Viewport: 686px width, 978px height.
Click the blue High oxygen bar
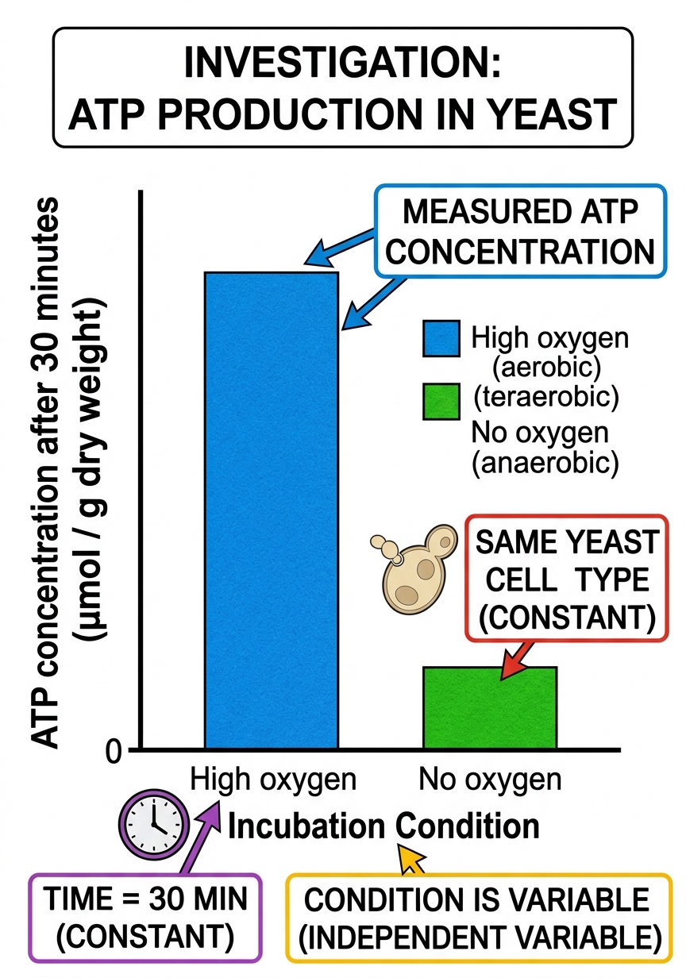point(272,511)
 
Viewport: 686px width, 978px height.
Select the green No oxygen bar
point(490,708)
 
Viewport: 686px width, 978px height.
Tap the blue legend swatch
point(441,338)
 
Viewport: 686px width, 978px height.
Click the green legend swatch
point(441,401)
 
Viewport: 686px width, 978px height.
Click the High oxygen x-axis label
point(273,780)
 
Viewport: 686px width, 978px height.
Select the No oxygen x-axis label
point(490,780)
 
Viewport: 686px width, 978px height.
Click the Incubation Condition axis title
point(383,826)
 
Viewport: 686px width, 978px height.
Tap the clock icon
point(154,824)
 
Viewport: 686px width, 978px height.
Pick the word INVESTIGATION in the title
point(343,63)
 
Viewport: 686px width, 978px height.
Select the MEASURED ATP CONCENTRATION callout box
point(520,231)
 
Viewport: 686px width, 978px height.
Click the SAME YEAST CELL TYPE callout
point(566,579)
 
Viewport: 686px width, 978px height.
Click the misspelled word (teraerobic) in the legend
point(546,397)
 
